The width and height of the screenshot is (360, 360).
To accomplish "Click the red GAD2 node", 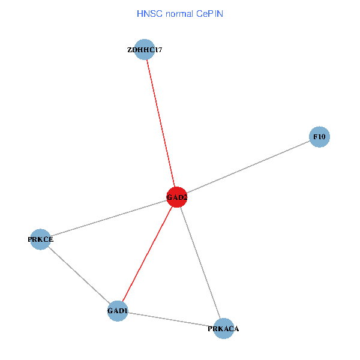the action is click(176, 197).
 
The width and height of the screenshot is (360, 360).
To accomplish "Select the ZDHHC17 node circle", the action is click(145, 50).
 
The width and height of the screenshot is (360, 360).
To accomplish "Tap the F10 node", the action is click(319, 137).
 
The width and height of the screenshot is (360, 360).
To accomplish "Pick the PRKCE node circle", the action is click(40, 239).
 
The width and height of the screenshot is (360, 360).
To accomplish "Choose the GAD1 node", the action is click(118, 311).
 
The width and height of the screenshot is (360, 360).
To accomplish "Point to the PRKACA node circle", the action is click(224, 328).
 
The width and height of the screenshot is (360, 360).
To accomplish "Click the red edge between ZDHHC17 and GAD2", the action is click(161, 124).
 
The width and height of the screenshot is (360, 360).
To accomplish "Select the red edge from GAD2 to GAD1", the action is click(148, 254).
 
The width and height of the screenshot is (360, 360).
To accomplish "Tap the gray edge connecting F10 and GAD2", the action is click(248, 167).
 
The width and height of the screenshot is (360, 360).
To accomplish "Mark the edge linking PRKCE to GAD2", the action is click(108, 218).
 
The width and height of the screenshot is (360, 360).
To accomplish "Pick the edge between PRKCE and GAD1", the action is click(79, 275).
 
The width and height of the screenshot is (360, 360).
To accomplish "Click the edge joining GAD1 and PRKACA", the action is click(171, 320).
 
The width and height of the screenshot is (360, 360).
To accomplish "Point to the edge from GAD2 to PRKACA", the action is click(200, 262).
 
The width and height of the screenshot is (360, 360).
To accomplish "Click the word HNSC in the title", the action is click(149, 13).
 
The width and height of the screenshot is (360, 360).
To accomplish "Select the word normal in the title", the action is click(178, 13).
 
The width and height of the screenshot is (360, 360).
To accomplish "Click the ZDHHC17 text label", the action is click(145, 50).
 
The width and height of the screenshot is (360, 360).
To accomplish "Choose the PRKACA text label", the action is click(224, 329).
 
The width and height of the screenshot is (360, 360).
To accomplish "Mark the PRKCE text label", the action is click(40, 239).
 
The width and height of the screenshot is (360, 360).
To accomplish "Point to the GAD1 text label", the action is click(118, 311).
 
